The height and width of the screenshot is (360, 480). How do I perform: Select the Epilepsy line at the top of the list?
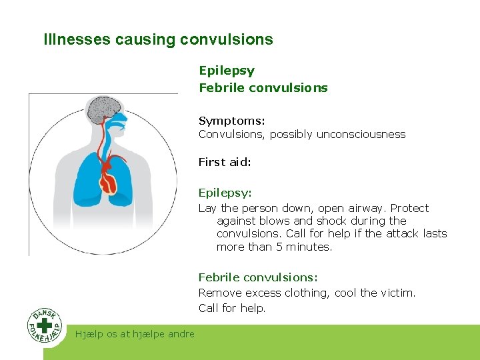pos(226,70)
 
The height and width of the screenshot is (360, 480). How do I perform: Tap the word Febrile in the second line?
pos(220,87)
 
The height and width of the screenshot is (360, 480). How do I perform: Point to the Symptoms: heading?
pos(231,121)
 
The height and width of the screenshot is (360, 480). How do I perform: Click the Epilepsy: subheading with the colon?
pos(225,193)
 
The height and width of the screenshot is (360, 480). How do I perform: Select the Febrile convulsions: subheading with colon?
pos(258,277)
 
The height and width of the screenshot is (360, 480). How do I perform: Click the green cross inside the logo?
pos(45,326)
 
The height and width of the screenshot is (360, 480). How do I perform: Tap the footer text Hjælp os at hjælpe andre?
pos(135,334)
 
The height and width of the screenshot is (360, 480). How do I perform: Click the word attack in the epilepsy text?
pos(402,233)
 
